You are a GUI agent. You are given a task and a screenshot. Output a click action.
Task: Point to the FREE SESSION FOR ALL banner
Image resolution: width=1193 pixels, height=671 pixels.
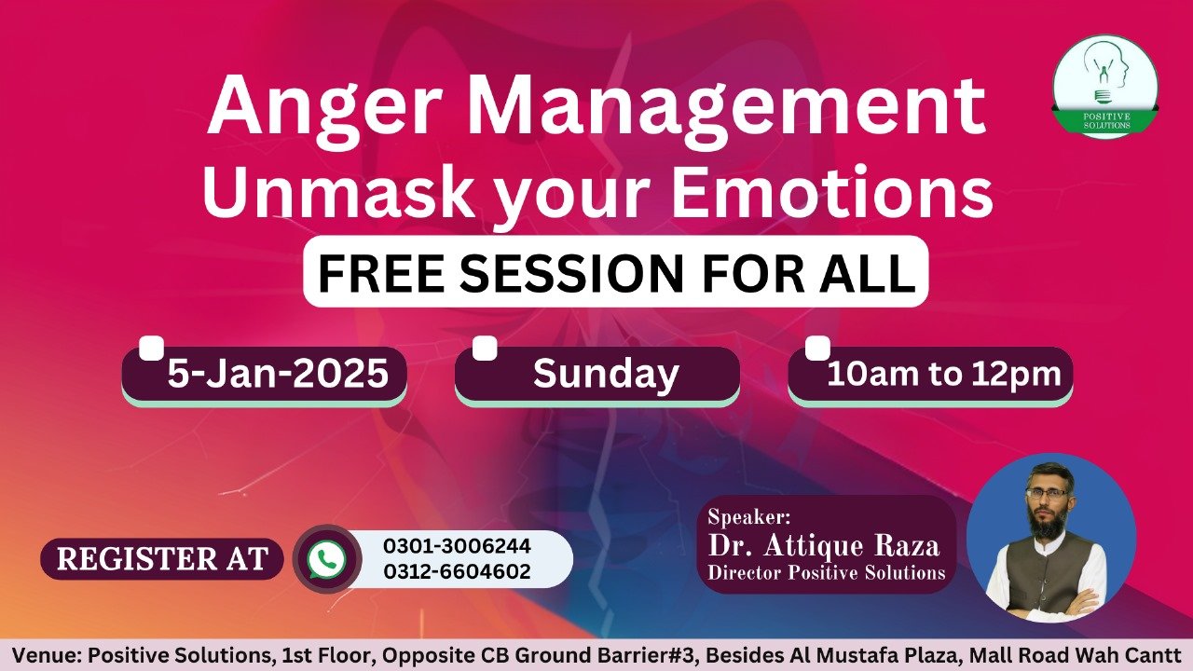pos(616,271)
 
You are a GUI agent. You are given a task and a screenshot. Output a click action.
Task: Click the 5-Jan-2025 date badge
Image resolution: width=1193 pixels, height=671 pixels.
pos(264,375)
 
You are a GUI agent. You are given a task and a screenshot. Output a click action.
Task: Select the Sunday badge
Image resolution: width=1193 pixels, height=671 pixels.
pos(597,375)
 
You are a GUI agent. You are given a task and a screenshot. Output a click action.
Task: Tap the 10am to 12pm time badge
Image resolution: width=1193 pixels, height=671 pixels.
pos(930,375)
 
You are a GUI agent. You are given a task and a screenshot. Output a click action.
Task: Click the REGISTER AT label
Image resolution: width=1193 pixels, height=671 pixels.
pos(162,558)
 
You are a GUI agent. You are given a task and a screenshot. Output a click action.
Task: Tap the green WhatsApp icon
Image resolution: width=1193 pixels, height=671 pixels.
pos(326,559)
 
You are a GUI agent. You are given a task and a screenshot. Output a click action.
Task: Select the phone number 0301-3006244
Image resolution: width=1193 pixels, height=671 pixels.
pos(457,546)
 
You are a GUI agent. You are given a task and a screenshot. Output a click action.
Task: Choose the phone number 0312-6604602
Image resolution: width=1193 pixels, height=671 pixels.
pos(457,571)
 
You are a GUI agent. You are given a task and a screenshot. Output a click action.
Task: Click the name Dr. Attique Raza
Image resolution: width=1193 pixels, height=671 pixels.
pos(823,546)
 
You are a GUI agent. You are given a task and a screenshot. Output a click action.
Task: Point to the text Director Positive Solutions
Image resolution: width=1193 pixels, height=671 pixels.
pos(826,572)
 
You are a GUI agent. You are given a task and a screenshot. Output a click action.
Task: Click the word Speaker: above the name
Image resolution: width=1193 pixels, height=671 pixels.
pos(748,517)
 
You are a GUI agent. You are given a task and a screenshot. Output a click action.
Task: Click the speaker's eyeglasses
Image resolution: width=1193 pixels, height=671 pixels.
pos(1047,493)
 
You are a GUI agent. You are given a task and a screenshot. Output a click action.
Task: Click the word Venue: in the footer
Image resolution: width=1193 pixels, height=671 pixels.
pos(47,655)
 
